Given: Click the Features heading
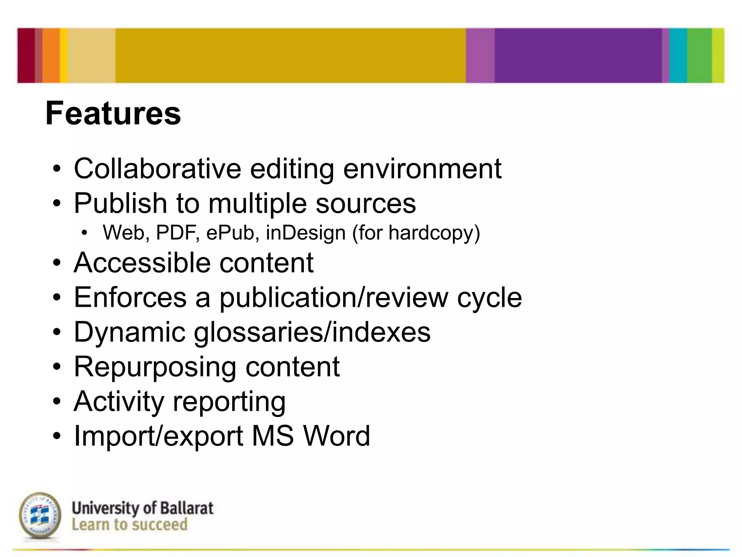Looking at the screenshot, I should point(113,114).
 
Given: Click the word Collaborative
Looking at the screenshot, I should point(157,169).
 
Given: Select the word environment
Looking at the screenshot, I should point(422,169).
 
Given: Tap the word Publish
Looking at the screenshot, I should point(120,203).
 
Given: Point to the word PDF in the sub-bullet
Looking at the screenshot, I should point(177,232).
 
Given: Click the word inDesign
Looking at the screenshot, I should point(305,232).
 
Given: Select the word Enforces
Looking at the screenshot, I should point(130,297).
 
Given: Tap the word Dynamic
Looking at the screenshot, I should point(129,332).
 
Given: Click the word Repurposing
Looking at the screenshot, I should point(155,367).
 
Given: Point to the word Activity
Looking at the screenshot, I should point(119,401).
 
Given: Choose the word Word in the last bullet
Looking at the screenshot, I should point(337,436).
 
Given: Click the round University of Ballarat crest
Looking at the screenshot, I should point(40,515).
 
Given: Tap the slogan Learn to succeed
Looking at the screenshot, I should point(129,525).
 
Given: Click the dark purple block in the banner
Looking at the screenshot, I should point(578,55).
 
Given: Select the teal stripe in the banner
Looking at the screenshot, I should point(678,55).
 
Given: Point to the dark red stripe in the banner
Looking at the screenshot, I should point(26,55).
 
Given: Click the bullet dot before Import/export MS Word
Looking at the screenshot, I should point(57,436).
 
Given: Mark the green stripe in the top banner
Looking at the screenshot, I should point(699,55).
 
